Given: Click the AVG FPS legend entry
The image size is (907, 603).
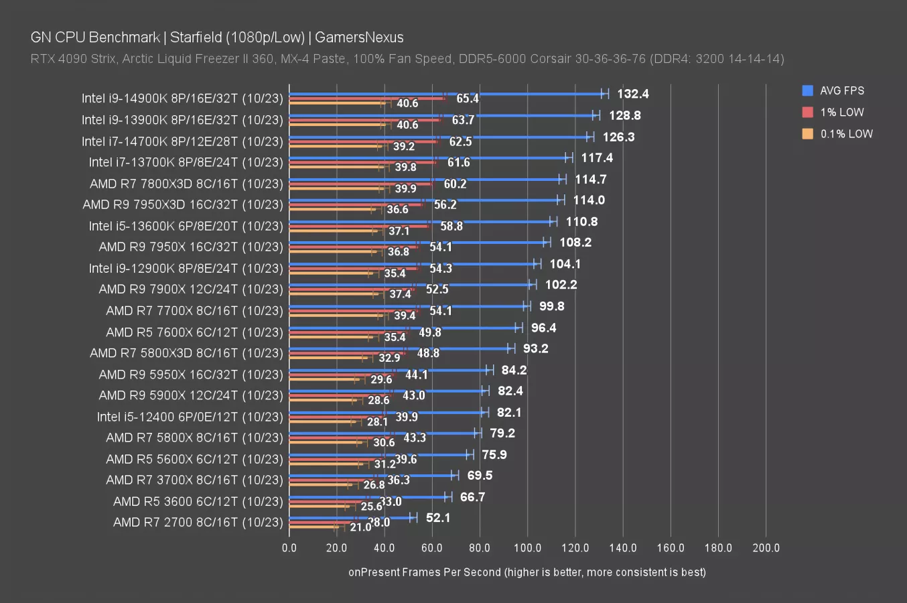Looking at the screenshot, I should pyautogui.click(x=841, y=90).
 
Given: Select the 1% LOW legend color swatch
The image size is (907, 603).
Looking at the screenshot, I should pyautogui.click(x=807, y=112).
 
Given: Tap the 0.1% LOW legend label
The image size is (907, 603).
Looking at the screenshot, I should pyautogui.click(x=847, y=133).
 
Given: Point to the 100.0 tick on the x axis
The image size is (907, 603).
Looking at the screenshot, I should pyautogui.click(x=527, y=547).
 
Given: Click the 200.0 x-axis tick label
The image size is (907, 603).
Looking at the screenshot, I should pyautogui.click(x=766, y=547).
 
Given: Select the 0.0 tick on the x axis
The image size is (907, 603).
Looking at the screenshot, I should pyautogui.click(x=289, y=547).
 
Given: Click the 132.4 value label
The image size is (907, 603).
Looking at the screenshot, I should pyautogui.click(x=632, y=94).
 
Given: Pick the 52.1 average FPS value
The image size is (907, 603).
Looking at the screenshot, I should pyautogui.click(x=438, y=518).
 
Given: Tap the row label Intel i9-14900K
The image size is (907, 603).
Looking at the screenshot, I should pyautogui.click(x=182, y=98).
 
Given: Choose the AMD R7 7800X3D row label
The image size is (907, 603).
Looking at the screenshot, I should pyautogui.click(x=186, y=184).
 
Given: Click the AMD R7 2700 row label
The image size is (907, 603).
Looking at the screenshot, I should pyautogui.click(x=198, y=522).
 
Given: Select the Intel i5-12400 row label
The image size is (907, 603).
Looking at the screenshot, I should pyautogui.click(x=190, y=417).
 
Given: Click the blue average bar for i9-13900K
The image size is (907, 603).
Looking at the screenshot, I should pyautogui.click(x=442, y=115).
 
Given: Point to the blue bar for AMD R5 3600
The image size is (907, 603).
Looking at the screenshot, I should pyautogui.click(x=368, y=496).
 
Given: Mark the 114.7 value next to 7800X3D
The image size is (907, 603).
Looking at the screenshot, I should pyautogui.click(x=590, y=179).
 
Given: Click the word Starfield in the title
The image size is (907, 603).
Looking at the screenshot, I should pyautogui.click(x=200, y=37).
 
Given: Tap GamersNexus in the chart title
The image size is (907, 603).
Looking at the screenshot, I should pyautogui.click(x=359, y=37).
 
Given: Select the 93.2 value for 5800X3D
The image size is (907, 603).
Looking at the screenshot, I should pyautogui.click(x=535, y=348).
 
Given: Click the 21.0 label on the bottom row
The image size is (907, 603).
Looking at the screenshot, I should pyautogui.click(x=360, y=527).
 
